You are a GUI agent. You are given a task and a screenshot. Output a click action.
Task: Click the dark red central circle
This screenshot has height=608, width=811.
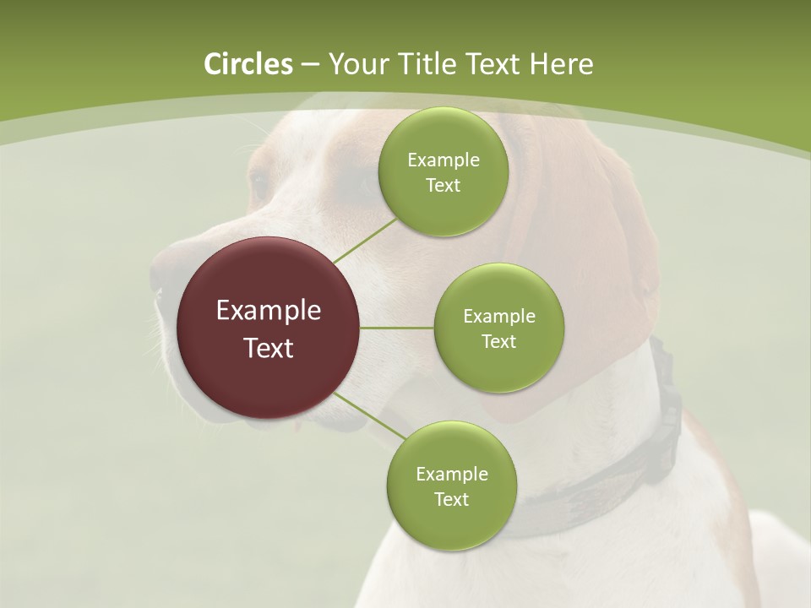[269, 328]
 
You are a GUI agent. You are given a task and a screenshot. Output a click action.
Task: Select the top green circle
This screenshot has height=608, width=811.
[443, 171]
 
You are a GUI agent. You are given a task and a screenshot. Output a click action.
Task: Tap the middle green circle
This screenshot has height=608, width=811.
[498, 328]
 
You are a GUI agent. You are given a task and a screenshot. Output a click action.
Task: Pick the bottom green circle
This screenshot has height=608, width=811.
[451, 486]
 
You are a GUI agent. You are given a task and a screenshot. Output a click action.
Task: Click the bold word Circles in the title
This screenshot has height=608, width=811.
[248, 64]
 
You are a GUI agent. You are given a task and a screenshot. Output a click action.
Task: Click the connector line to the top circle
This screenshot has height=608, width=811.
[365, 241]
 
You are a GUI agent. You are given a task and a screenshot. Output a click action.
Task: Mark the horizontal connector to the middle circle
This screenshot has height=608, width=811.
[396, 328]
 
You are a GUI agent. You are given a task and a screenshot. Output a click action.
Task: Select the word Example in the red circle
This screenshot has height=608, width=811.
[269, 311]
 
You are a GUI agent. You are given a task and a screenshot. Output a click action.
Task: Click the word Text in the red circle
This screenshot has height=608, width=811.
[269, 347]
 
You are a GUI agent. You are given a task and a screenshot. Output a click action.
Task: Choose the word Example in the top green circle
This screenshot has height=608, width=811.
[443, 160]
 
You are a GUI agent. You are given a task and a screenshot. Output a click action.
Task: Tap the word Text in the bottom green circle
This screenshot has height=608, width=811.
[451, 499]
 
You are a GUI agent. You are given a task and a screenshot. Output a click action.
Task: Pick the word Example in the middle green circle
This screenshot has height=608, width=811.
[498, 316]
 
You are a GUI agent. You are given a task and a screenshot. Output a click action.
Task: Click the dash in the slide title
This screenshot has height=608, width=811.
[310, 64]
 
